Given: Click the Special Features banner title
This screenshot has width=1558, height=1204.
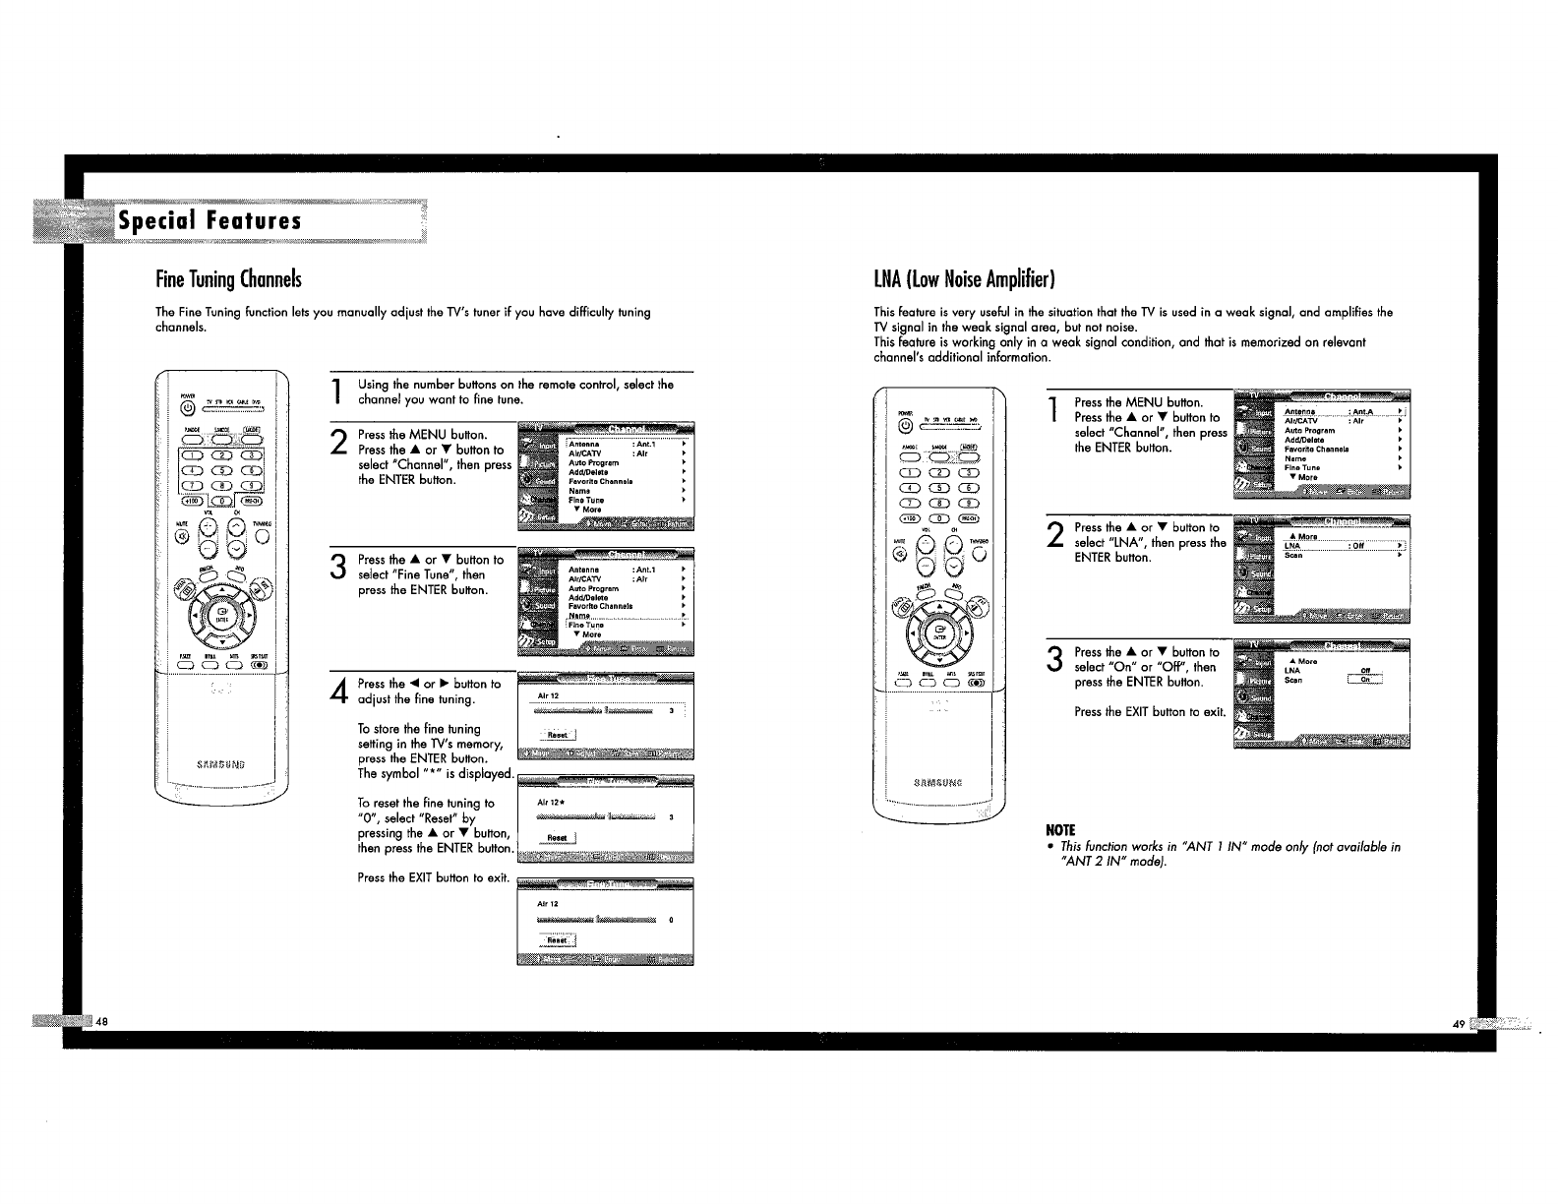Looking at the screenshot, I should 210,220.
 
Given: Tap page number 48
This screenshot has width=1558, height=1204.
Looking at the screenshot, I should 102,1021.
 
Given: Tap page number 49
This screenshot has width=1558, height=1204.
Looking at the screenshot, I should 1459,1024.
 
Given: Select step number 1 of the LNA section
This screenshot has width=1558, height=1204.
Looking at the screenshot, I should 1053,409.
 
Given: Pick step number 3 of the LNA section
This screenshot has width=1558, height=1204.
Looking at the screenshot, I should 1054,659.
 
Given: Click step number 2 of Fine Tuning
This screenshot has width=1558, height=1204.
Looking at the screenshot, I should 337,442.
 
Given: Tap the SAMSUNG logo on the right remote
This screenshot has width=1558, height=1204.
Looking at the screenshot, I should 938,783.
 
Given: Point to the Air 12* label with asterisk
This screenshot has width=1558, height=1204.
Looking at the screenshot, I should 549,803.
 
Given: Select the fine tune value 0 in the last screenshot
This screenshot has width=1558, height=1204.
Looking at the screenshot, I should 671,921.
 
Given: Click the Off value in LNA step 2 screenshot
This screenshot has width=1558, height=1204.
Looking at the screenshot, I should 1358,546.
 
